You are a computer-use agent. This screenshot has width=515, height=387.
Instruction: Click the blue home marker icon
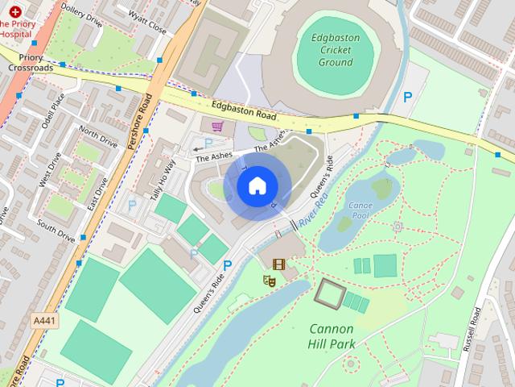(x=256, y=185)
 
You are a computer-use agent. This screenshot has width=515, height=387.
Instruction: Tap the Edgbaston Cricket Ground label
(x=336, y=49)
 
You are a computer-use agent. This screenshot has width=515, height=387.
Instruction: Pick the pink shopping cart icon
(x=217, y=126)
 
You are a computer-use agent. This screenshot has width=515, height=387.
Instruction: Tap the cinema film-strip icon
(x=278, y=264)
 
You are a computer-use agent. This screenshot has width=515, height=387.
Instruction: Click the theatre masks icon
(x=270, y=280)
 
